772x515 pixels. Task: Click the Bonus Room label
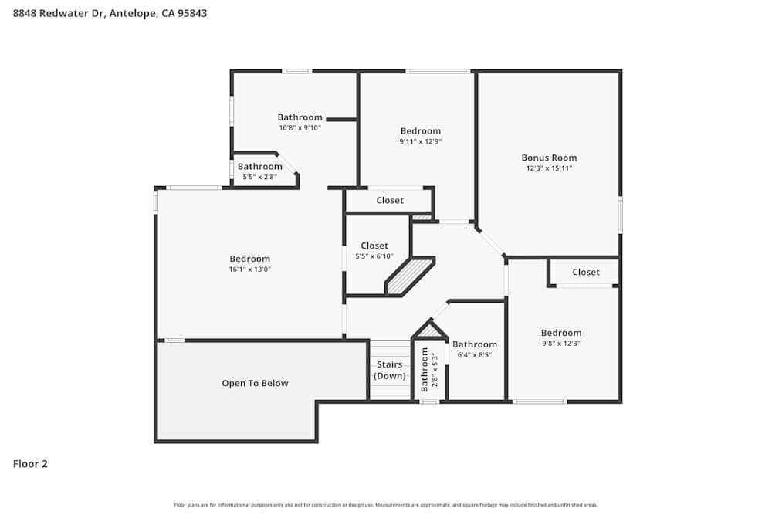pyautogui.click(x=549, y=158)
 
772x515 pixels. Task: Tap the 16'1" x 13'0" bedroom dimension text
pyautogui.click(x=249, y=269)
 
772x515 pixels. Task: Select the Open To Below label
pyautogui.click(x=255, y=383)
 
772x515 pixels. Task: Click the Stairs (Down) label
pyautogui.click(x=390, y=370)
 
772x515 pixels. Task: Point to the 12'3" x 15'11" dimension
pyautogui.click(x=549, y=168)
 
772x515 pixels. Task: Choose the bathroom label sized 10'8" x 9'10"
pyautogui.click(x=300, y=117)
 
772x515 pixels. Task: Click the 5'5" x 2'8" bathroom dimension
pyautogui.click(x=259, y=177)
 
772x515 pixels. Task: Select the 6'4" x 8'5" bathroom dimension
pyautogui.click(x=475, y=355)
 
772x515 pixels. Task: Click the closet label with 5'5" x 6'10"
pyautogui.click(x=374, y=246)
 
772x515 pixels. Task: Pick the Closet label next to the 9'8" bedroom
pyautogui.click(x=586, y=272)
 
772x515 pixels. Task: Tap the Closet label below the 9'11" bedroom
pyautogui.click(x=390, y=200)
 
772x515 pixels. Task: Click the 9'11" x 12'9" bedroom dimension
pyautogui.click(x=420, y=141)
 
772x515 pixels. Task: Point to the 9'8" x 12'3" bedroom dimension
pyautogui.click(x=560, y=344)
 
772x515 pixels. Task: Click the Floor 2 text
pyautogui.click(x=30, y=464)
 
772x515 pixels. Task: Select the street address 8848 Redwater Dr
pyautogui.click(x=59, y=13)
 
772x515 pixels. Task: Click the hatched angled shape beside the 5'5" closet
pyautogui.click(x=410, y=276)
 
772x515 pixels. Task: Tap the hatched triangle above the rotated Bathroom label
pyautogui.click(x=428, y=330)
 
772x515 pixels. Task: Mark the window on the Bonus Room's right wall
pyautogui.click(x=620, y=215)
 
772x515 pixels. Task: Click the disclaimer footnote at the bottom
pyautogui.click(x=386, y=505)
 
